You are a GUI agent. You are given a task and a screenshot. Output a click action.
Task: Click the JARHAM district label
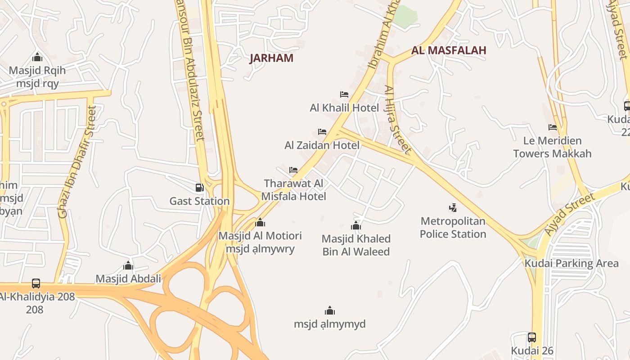[271, 58]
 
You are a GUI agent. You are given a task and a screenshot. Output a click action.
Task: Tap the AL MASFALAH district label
[449, 50]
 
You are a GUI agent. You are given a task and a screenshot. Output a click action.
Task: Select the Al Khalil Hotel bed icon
[344, 94]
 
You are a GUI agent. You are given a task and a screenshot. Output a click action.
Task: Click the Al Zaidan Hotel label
[322, 145]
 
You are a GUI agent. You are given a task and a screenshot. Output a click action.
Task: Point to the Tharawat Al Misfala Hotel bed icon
[293, 170]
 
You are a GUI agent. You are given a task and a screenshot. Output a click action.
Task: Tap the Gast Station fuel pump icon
[199, 188]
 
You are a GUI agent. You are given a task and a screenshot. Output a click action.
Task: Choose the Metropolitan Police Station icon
[453, 207]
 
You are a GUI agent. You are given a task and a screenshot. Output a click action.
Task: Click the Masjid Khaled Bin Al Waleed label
[356, 245]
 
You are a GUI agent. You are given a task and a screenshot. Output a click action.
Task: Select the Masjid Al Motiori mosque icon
[260, 222]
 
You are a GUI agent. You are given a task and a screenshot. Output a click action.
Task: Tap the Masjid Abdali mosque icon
[128, 265]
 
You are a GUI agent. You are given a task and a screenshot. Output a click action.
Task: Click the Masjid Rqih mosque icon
[37, 57]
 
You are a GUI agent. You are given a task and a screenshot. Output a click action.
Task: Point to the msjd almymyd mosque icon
[330, 310]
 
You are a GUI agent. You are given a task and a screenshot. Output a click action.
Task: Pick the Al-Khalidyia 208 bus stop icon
[36, 283]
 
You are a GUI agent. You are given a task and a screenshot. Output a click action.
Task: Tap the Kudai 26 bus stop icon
[532, 337]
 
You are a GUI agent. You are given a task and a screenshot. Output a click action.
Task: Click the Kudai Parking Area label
[571, 263]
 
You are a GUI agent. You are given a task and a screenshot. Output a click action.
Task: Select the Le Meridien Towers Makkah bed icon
[553, 127]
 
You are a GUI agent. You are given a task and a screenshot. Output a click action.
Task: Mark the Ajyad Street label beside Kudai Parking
[569, 214]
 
